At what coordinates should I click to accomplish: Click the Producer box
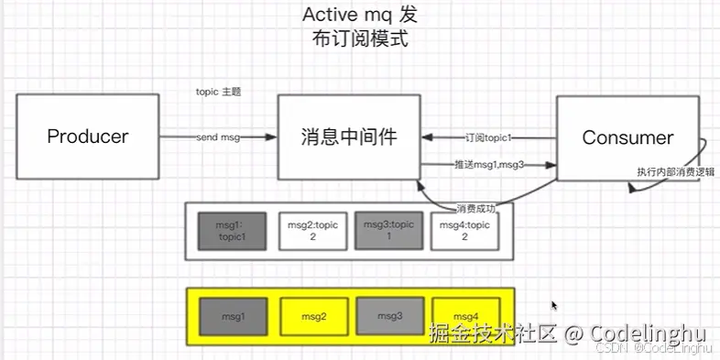87,137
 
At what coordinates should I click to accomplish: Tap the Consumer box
627,137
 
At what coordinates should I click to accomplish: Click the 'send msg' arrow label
218,137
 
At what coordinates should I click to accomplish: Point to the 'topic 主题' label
219,93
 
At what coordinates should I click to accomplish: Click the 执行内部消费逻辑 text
676,172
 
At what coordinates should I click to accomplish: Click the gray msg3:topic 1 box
388,230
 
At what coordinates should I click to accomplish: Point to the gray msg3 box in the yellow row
388,316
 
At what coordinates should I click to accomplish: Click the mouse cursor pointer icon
554,306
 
